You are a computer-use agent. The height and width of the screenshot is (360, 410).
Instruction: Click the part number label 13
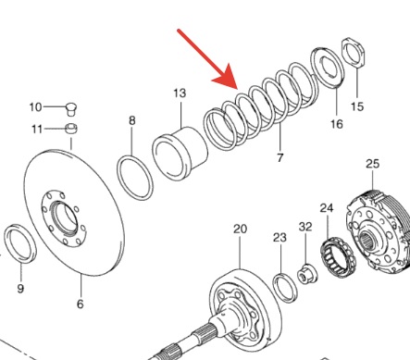180,93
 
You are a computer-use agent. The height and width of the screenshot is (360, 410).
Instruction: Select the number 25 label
372,165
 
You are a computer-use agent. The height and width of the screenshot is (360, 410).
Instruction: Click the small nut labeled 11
71,129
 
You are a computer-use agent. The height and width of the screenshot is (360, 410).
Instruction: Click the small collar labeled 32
306,273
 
